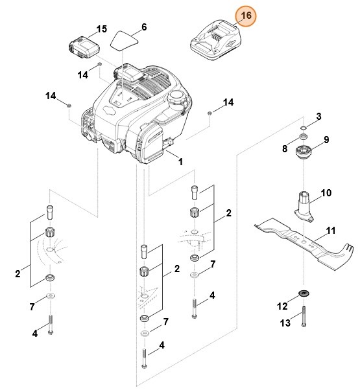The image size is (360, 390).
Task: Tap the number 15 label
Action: [101, 29]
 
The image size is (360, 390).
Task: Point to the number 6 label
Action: [144, 27]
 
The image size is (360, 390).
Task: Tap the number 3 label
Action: [318, 117]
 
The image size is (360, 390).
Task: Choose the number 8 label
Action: [285, 148]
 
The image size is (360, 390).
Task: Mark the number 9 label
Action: [326, 140]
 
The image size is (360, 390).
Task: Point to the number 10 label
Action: [326, 193]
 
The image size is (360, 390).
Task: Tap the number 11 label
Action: [331, 231]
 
